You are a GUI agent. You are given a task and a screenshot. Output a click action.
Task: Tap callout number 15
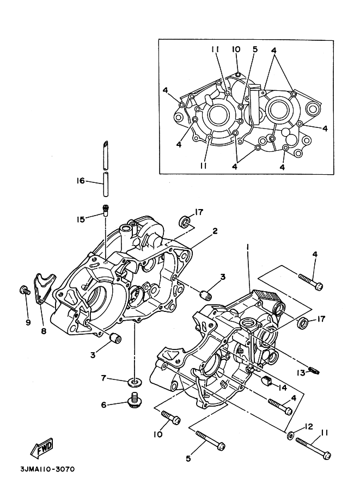[x=81, y=219]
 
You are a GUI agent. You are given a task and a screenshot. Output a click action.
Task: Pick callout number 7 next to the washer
[x=102, y=377]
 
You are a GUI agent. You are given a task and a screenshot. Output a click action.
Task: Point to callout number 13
[x=300, y=373]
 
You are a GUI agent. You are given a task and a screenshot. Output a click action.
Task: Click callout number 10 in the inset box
[x=236, y=49]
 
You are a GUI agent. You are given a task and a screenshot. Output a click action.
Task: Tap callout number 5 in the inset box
[x=255, y=49]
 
